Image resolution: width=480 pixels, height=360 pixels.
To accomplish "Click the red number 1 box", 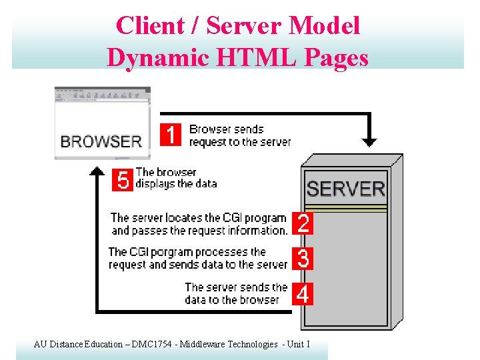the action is tap(171, 135).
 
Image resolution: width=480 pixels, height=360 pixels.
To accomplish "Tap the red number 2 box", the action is tap(303, 223).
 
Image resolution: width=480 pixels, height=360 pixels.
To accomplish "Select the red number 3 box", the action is tap(303, 259).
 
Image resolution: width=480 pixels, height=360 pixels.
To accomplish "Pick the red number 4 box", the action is tap(303, 293).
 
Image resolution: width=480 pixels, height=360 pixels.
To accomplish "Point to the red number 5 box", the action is tap(123, 180).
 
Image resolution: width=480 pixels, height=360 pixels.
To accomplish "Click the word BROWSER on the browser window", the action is tap(101, 141).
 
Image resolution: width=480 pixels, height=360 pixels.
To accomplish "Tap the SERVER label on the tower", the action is tap(346, 189).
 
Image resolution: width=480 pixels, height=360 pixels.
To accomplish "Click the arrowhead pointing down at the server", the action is tap(369, 142).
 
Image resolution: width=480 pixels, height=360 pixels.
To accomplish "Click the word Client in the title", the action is tap(149, 26).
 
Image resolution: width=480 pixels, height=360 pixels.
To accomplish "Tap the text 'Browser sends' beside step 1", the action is tap(227, 129).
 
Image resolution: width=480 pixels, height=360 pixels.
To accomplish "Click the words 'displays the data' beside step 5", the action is tap(177, 183).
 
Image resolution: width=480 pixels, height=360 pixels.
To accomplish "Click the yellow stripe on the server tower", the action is tap(345, 208).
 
